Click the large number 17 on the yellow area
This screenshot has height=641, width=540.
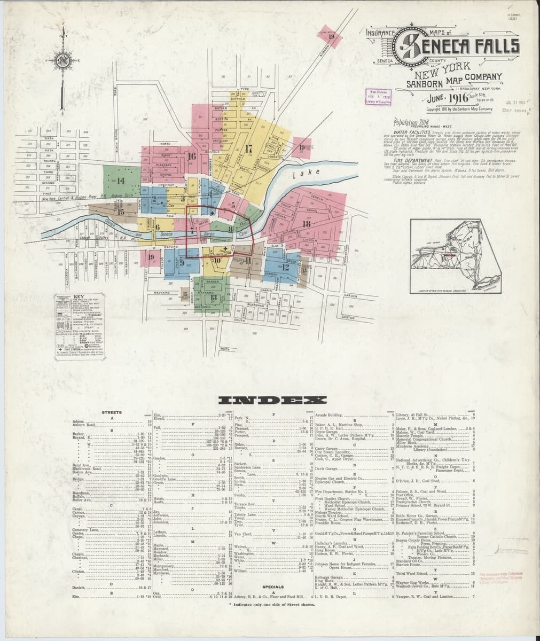pos(248,148)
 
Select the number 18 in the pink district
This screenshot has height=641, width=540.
pos(306,224)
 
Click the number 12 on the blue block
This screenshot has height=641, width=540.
pos(286,267)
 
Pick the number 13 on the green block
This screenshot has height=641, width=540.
pos(213,297)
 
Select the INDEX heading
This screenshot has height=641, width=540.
pos(265,400)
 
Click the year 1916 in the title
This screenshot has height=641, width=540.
pos(448,98)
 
